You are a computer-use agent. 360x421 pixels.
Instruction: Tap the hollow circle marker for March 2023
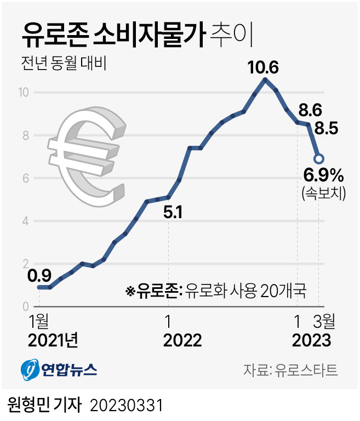(318, 159)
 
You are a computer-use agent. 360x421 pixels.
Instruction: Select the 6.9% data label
(323, 176)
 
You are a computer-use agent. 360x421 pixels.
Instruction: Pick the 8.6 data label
(310, 110)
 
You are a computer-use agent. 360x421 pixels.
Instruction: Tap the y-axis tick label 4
(25, 221)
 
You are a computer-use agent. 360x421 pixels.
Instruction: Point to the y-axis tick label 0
(25, 306)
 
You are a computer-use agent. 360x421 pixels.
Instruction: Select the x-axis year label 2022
(182, 340)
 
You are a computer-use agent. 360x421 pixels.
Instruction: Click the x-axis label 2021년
(53, 340)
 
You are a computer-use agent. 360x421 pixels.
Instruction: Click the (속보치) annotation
(323, 192)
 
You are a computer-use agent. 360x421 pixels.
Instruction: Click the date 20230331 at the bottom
(127, 406)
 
